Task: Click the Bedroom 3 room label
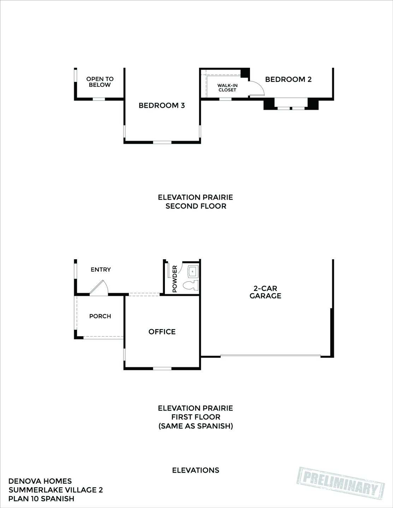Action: [x=162, y=105]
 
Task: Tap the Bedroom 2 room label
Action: [x=288, y=79]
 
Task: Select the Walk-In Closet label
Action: [x=227, y=87]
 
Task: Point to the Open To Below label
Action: [x=100, y=82]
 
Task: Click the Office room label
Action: [x=162, y=332]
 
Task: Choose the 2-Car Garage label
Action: [x=265, y=292]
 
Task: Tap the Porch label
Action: [x=100, y=316]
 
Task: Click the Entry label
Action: [x=101, y=270]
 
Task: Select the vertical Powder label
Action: [x=174, y=279]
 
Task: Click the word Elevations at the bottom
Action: [x=196, y=470]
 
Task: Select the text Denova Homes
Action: [x=40, y=481]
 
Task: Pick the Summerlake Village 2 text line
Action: [x=55, y=490]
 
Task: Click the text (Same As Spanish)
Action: [x=196, y=426]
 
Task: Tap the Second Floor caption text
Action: [x=196, y=206]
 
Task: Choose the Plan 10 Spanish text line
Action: [x=41, y=499]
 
